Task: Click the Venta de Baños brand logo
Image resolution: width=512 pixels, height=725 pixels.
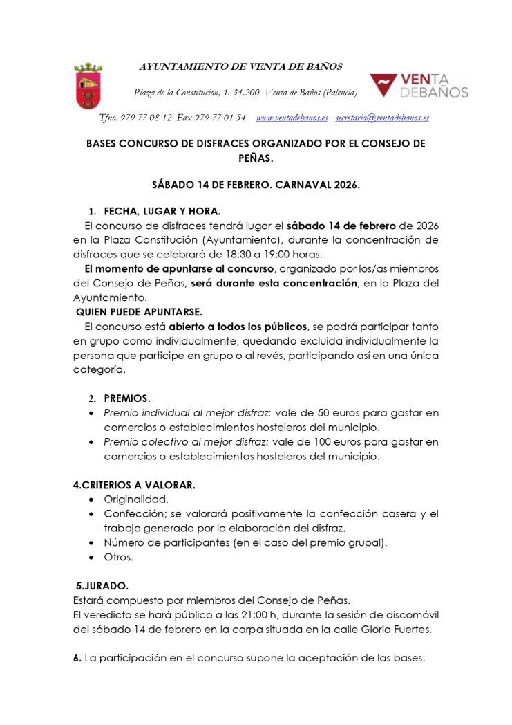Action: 419,86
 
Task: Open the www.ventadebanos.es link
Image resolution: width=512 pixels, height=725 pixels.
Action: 292,118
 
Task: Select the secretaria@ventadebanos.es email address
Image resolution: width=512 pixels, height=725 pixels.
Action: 381,118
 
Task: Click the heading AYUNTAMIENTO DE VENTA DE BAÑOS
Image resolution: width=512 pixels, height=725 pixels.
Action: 241,67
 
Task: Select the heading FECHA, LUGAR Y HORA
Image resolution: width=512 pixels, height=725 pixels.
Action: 162,211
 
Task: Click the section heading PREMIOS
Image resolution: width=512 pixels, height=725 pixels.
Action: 127,398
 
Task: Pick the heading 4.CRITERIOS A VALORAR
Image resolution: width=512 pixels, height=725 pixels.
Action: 134,485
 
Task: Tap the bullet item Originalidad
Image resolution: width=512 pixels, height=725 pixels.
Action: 136,499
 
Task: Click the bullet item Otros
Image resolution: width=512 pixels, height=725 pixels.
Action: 118,556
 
